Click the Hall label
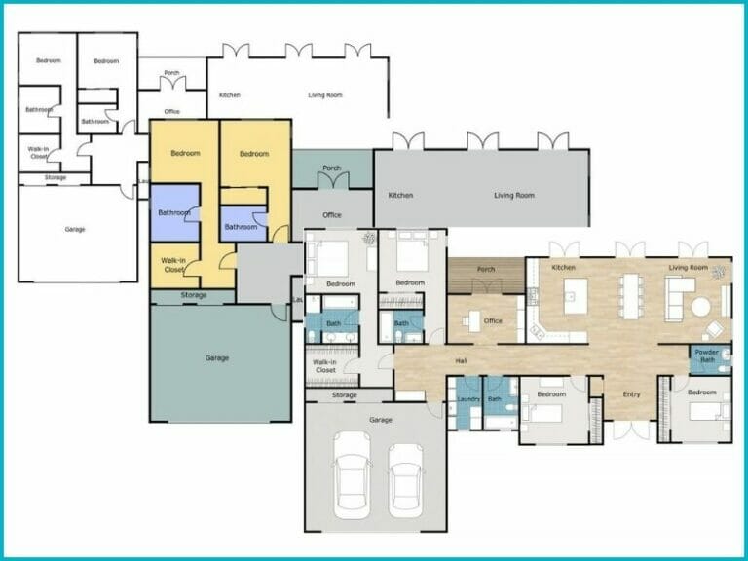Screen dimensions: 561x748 tap(463, 361)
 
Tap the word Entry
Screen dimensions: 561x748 tap(632, 393)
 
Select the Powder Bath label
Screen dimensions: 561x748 tap(707, 356)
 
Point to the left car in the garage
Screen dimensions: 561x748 tap(352, 477)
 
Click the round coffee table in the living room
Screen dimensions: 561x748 tap(701, 305)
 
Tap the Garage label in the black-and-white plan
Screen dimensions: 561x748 tap(75, 229)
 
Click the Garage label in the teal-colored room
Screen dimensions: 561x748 tap(217, 357)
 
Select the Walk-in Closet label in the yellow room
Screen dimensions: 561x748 tap(173, 264)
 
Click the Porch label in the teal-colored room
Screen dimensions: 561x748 tap(331, 167)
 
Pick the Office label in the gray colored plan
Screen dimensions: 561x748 tap(332, 214)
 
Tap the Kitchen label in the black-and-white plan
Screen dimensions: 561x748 tap(230, 94)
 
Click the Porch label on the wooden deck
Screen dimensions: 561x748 tap(485, 270)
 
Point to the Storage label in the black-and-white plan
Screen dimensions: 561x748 tap(55, 177)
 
